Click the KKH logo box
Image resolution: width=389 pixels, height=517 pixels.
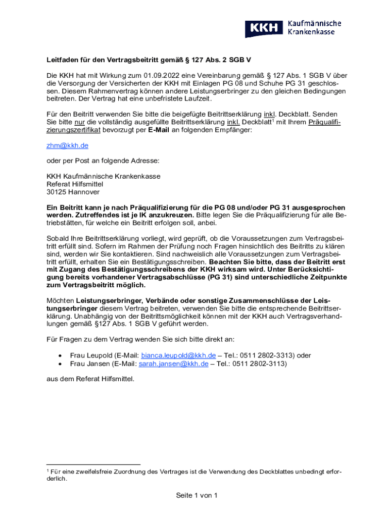tap(264, 28)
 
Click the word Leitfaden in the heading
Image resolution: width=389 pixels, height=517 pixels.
tap(62, 60)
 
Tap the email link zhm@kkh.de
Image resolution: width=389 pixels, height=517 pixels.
tap(67, 145)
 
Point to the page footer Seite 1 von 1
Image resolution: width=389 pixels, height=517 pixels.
tap(197, 495)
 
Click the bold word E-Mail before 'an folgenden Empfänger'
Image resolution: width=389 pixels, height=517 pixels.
tap(159, 130)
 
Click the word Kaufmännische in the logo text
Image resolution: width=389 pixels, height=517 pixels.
tap(314, 24)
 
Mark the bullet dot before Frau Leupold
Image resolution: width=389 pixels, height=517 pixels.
tap(61, 356)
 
